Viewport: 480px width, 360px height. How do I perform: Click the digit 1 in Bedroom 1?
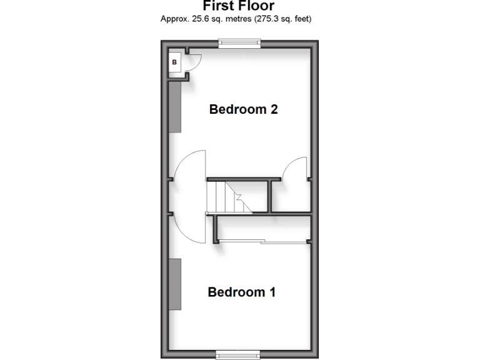tap(272, 292)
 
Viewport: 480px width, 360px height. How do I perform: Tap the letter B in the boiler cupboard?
tap(174, 62)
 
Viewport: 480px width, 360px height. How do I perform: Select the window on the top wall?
tap(239, 43)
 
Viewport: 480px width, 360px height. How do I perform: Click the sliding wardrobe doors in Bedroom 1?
tap(262, 241)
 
